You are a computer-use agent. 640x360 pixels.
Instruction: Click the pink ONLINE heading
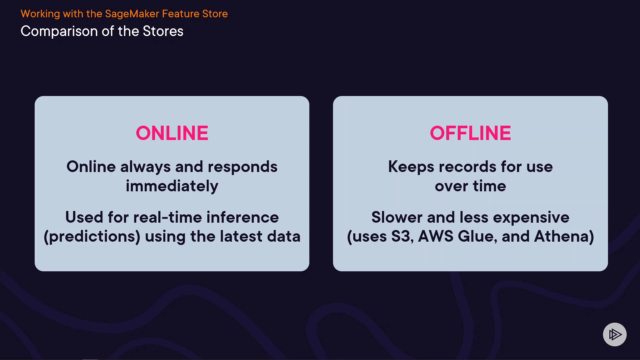click(x=172, y=133)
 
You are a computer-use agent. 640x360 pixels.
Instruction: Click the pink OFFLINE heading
click(x=470, y=133)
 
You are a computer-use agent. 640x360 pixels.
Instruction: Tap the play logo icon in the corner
click(x=615, y=334)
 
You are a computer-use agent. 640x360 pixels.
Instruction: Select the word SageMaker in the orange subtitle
click(x=132, y=14)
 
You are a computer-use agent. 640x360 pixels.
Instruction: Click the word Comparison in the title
click(x=59, y=32)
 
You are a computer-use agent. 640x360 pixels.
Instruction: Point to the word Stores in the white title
click(x=163, y=31)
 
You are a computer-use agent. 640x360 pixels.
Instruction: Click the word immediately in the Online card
click(x=172, y=186)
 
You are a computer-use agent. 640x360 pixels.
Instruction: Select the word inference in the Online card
click(x=243, y=217)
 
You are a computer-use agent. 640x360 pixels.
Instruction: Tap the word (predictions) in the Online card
click(x=92, y=237)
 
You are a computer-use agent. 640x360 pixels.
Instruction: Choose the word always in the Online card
click(x=145, y=167)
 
